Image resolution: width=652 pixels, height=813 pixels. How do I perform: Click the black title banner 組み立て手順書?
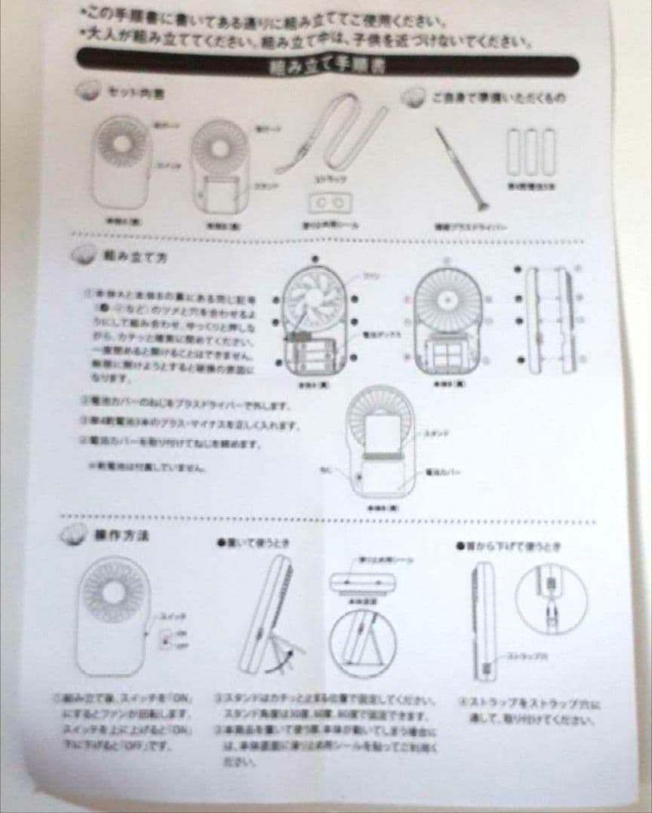(x=328, y=63)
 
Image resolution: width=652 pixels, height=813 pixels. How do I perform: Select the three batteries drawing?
(x=531, y=151)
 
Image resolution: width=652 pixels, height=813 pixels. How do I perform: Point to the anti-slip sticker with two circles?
(x=331, y=203)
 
